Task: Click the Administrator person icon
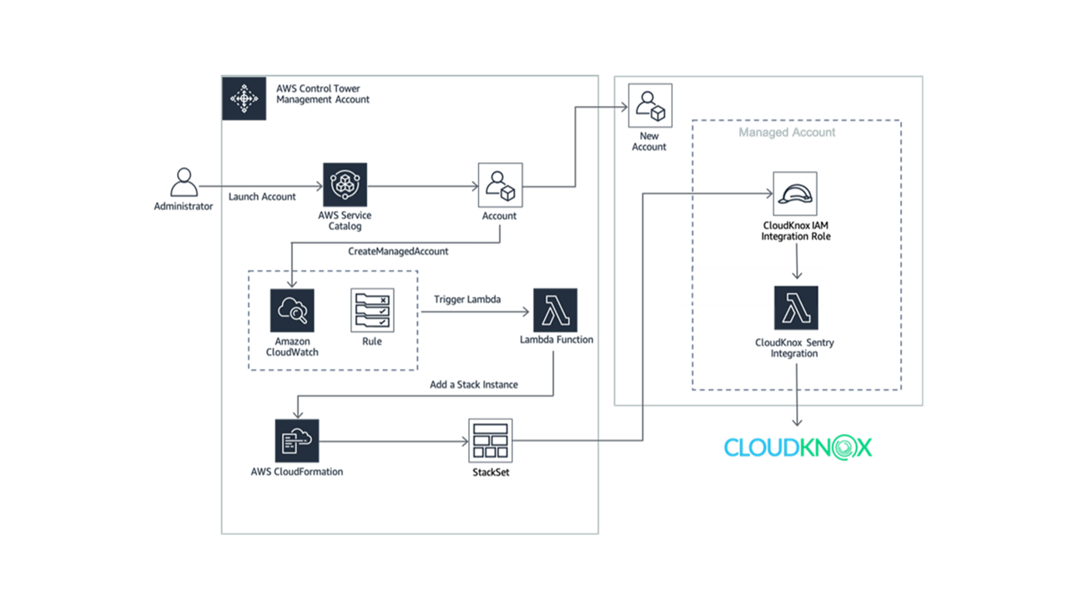tap(184, 182)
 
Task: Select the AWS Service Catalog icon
tap(345, 184)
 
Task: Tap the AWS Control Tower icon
tap(244, 98)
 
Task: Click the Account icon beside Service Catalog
tap(500, 185)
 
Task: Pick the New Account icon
tap(650, 105)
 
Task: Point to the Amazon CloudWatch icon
tap(292, 311)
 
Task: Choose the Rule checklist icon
tap(372, 311)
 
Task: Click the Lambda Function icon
tap(556, 310)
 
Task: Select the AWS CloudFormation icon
tap(297, 441)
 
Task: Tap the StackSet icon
tap(491, 441)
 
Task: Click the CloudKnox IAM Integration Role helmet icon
tap(795, 194)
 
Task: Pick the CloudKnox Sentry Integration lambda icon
tap(796, 308)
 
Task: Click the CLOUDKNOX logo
tap(798, 447)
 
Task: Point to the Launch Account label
tap(262, 197)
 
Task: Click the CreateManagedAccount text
tap(398, 251)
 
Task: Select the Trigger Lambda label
tap(467, 299)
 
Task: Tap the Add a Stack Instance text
tap(474, 385)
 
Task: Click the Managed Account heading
tap(787, 132)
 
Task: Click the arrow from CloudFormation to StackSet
tap(392, 441)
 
